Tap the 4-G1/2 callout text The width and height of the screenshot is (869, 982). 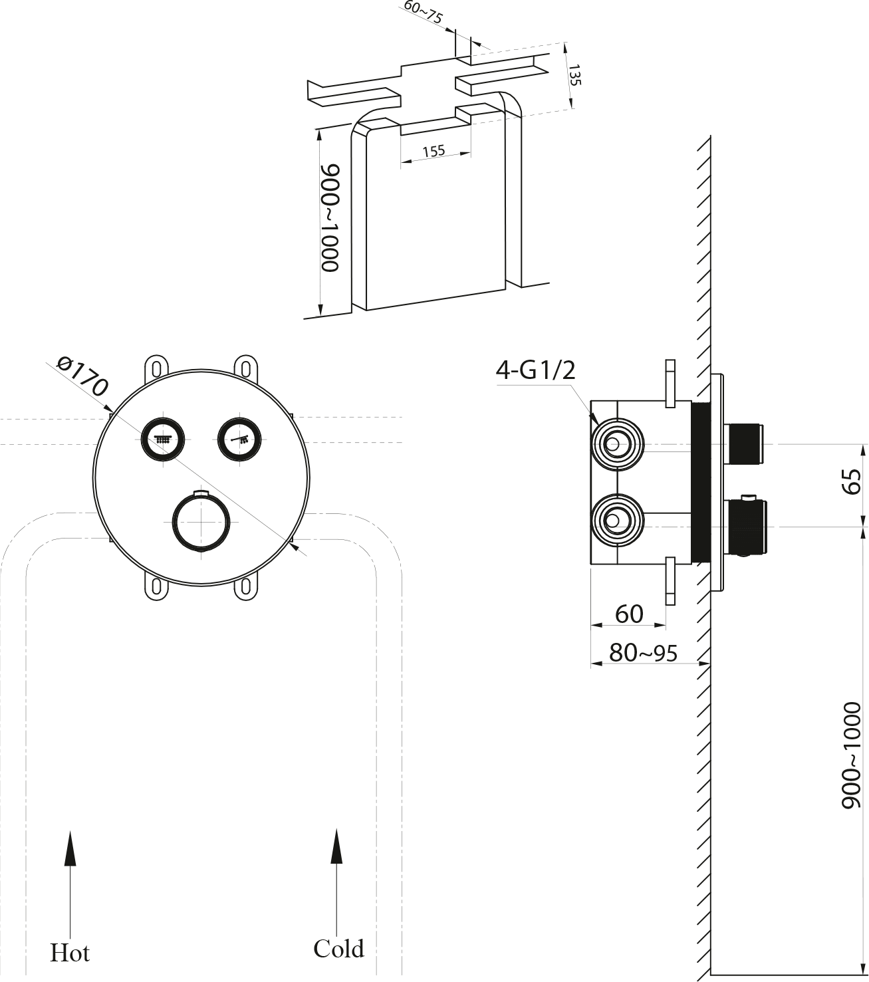(x=535, y=370)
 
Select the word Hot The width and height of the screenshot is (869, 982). (x=70, y=953)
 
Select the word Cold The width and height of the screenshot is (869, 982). (x=338, y=948)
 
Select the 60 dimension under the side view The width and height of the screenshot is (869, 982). (x=629, y=614)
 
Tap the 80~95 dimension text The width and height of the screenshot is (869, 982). (x=643, y=653)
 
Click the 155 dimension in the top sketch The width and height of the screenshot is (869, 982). (x=434, y=151)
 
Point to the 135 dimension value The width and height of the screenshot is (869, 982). (x=575, y=74)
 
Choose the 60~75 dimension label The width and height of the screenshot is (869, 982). (x=423, y=13)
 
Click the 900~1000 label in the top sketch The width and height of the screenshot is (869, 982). (x=330, y=218)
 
